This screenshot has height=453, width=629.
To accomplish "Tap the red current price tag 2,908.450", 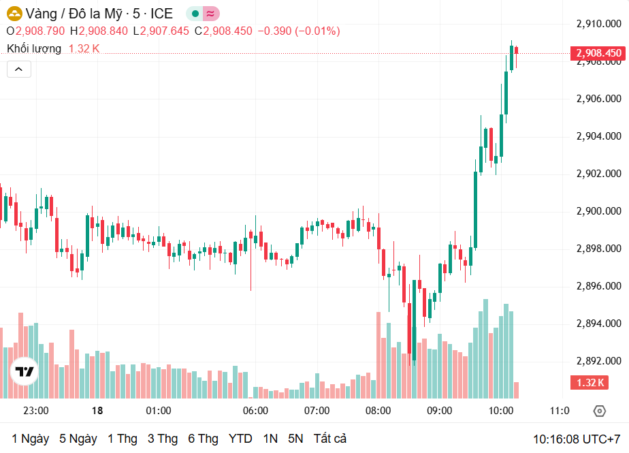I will click(x=598, y=53).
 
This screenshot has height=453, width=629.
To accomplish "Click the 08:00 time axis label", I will click(x=378, y=411).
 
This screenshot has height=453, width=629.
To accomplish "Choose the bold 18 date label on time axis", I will click(x=97, y=411).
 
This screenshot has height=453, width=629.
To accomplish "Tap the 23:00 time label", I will click(x=35, y=411).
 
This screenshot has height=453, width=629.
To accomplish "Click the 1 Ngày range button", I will click(x=30, y=439).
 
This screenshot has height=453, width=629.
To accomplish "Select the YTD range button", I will click(x=240, y=439).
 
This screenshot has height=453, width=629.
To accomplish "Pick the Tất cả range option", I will click(x=330, y=439).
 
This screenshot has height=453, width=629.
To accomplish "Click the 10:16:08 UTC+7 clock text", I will click(x=576, y=439).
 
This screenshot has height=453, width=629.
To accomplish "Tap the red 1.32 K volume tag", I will click(x=590, y=383).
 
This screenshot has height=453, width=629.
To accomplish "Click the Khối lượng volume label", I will click(x=34, y=48).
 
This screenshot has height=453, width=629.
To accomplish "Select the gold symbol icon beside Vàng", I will click(x=14, y=14).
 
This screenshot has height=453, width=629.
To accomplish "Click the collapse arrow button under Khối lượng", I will click(x=19, y=69).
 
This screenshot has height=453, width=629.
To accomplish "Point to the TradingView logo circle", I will click(x=25, y=371).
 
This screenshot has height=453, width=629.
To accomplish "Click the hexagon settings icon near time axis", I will click(x=599, y=411).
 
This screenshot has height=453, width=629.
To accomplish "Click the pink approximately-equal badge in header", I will click(x=211, y=14).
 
